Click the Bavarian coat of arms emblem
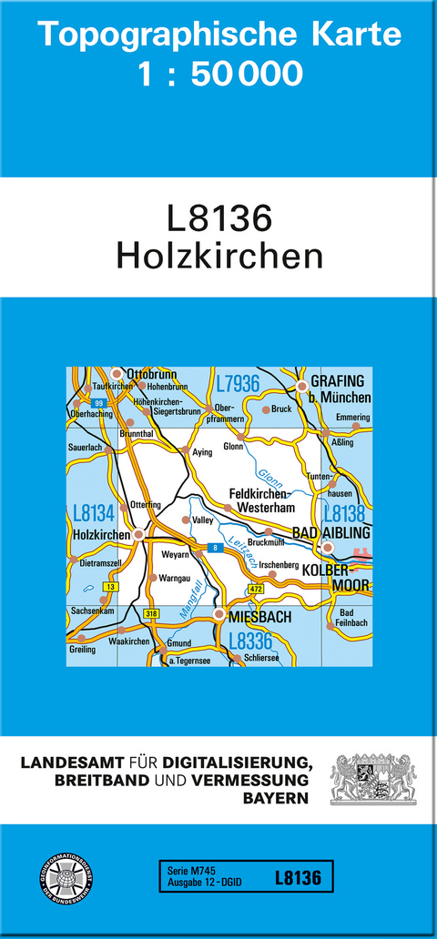[373, 778]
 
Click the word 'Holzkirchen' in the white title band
[219, 256]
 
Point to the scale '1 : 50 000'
[219, 74]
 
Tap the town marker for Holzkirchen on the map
[138, 534]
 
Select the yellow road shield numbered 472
[256, 591]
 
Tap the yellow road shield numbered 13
[110, 588]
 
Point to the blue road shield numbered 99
[99, 402]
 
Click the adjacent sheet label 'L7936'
[238, 382]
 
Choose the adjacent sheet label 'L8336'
[250, 641]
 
